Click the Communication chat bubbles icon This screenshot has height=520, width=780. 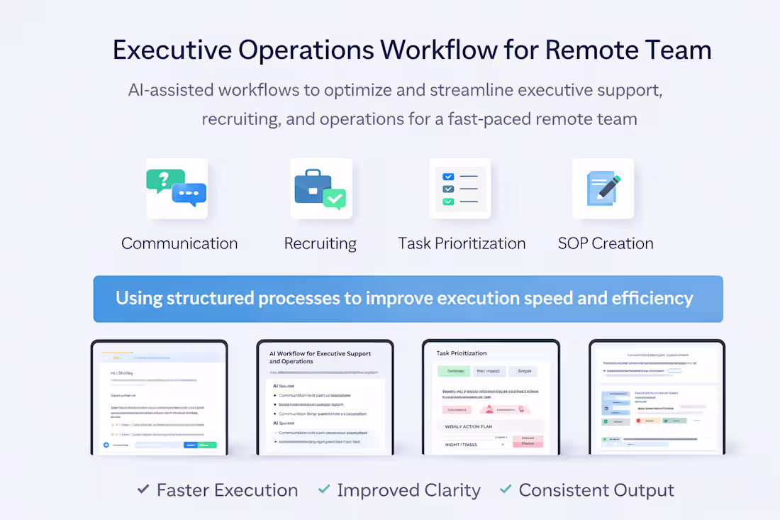(177, 188)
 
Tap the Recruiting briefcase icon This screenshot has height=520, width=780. (321, 189)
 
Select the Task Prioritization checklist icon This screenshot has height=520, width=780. (459, 189)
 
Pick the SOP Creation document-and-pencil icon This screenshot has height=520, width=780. (603, 189)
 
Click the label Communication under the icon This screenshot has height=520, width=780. (179, 243)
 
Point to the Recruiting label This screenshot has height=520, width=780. (321, 244)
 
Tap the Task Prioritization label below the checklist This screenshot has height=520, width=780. (462, 243)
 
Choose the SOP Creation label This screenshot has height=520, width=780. (606, 243)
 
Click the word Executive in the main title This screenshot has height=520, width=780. (171, 50)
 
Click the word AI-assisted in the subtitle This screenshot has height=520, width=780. (170, 91)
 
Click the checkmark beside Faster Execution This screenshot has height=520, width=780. (143, 489)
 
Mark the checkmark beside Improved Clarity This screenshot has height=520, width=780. (324, 489)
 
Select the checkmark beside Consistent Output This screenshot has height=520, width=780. (506, 489)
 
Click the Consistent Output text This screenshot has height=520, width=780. (596, 490)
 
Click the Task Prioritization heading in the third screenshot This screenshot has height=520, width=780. (462, 353)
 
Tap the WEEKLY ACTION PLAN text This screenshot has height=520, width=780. (468, 426)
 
